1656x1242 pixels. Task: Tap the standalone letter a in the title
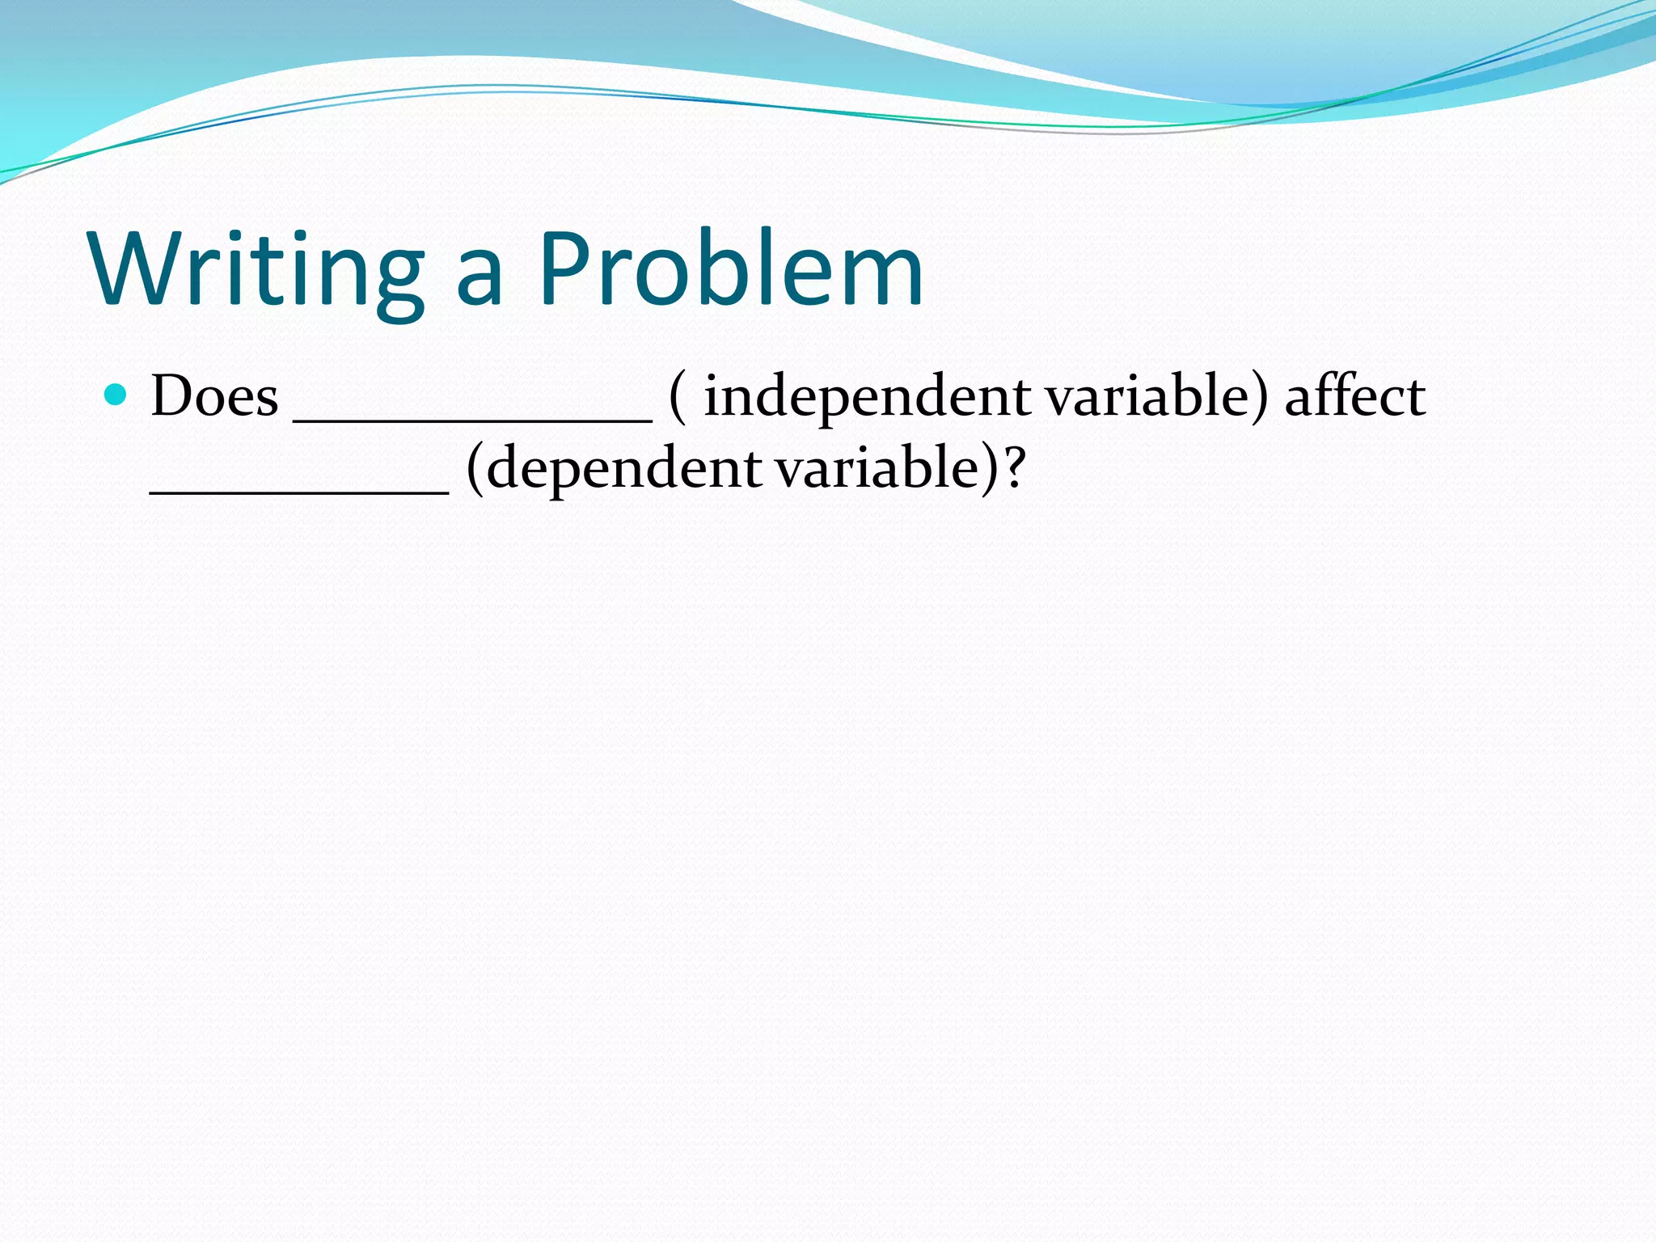480,279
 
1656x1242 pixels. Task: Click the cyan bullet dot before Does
116,395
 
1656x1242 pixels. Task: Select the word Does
214,396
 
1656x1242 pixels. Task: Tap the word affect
1354,396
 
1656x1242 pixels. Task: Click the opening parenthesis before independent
678,398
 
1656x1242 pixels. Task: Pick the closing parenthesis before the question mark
990,469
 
